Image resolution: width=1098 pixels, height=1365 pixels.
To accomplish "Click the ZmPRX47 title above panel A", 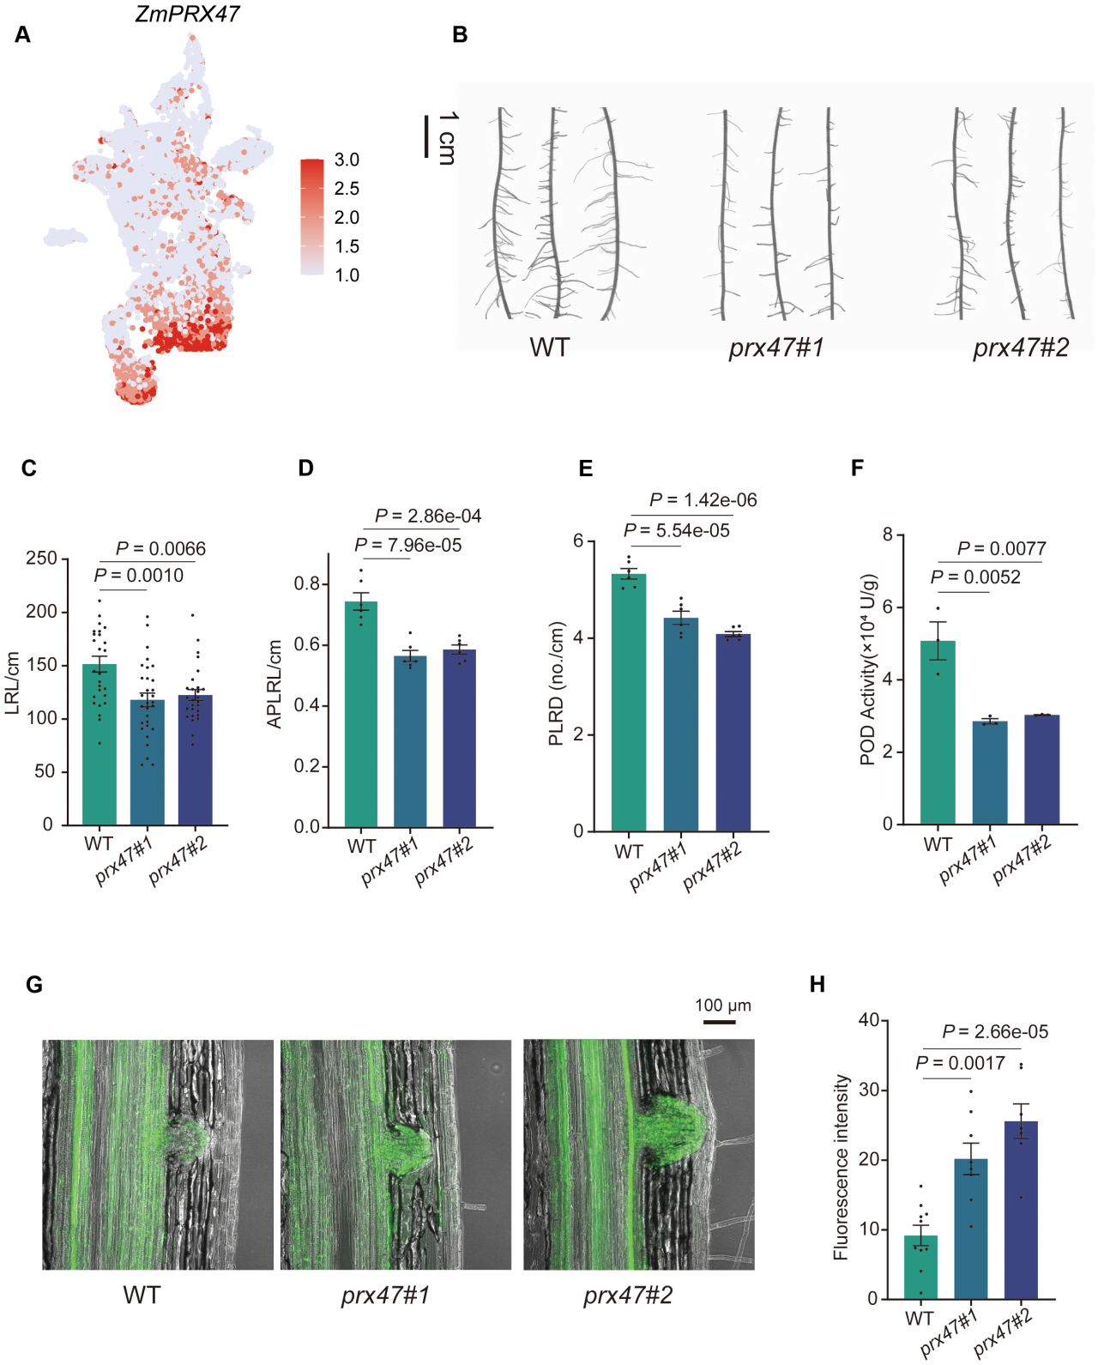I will [x=187, y=14].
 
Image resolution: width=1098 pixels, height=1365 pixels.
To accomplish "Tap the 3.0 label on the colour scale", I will [x=347, y=160].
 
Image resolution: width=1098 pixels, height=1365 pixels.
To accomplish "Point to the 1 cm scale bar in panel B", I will [x=426, y=136].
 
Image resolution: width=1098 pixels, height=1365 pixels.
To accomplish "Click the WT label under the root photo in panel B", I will [x=549, y=347].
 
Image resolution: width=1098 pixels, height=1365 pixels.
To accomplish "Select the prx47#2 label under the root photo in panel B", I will [x=1020, y=347].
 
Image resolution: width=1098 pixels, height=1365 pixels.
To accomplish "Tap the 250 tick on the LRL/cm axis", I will [x=41, y=559].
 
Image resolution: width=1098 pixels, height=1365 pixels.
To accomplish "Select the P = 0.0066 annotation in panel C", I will [x=160, y=548].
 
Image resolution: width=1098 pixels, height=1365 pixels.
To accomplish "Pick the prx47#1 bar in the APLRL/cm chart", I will [x=410, y=741].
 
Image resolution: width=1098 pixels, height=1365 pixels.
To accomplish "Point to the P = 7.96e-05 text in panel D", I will [x=407, y=546].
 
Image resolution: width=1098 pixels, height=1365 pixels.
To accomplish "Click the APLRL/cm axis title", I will [x=274, y=685].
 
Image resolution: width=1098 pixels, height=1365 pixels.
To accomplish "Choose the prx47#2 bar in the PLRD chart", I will [x=733, y=733].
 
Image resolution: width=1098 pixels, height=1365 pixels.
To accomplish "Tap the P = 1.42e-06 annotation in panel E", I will [x=703, y=500].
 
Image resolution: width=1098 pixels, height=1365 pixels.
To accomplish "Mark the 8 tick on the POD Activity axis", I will [x=888, y=535].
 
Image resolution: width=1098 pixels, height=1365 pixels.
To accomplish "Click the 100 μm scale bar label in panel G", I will [x=722, y=1006].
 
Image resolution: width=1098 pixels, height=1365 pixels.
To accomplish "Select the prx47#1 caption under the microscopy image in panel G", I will [x=385, y=1295].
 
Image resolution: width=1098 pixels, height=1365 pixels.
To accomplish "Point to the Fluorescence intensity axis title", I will [x=841, y=1168].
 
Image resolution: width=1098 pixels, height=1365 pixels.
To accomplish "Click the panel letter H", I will [x=817, y=984].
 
